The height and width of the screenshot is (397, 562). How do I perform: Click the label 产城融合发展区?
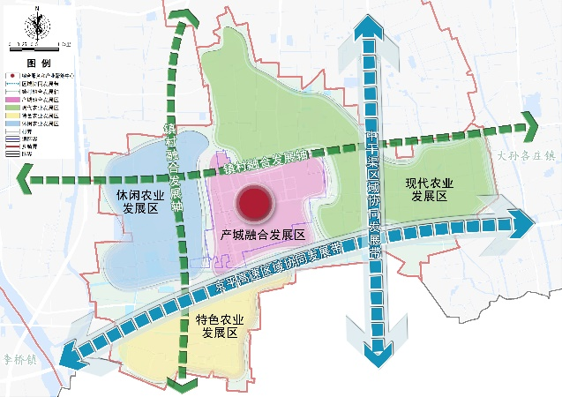click(264, 236)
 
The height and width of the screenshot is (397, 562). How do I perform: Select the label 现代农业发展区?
click(429, 190)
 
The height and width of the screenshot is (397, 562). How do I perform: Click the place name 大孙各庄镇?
click(527, 155)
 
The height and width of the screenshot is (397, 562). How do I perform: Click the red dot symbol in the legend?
click(11, 76)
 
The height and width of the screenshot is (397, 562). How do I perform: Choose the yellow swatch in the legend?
click(11, 116)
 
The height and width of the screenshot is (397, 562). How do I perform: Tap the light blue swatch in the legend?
click(11, 124)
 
